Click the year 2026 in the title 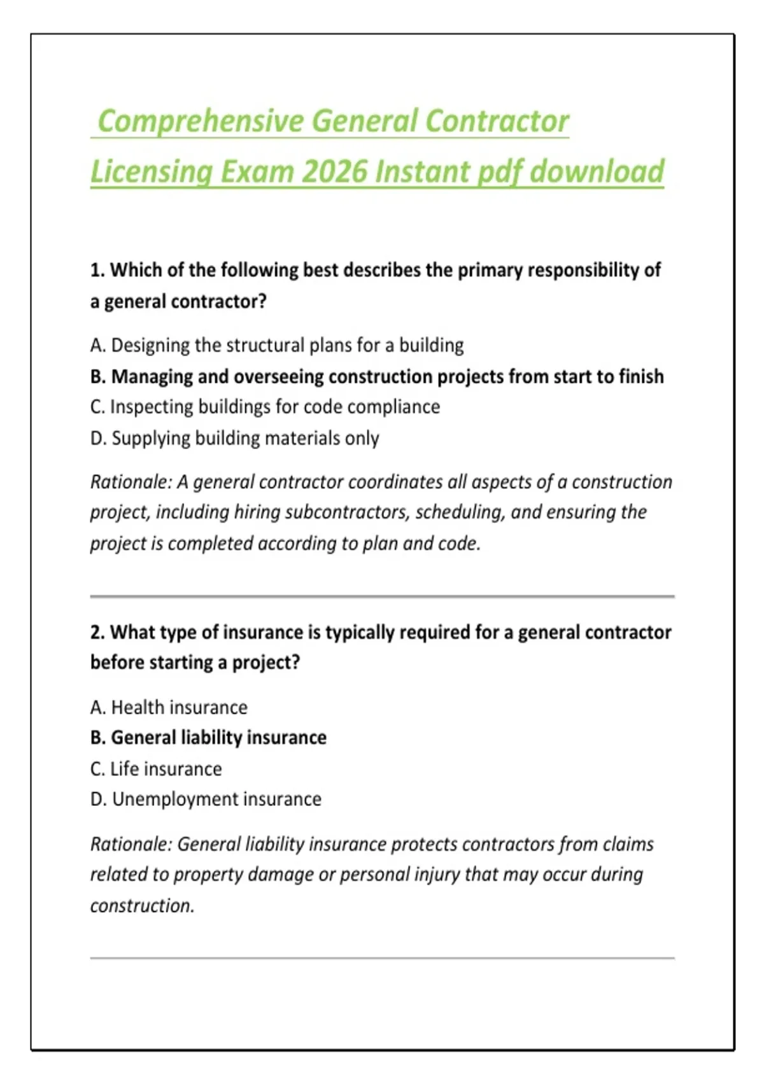coord(335,171)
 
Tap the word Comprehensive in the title coord(201,121)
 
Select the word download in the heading coord(597,171)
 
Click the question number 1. coord(97,270)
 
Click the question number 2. coord(97,632)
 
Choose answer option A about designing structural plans coord(277,345)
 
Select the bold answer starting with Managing coord(377,377)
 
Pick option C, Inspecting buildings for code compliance coord(265,407)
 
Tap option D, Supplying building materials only coord(234,438)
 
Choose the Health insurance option coord(169,707)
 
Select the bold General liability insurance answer coord(208,738)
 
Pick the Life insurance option coord(156,769)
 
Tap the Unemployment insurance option coord(206,799)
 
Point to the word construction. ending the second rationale coord(142,905)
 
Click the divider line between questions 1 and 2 coord(382,596)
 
